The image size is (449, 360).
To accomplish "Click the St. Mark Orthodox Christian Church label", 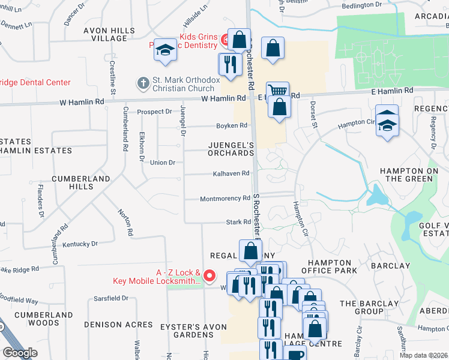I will [x=184, y=83].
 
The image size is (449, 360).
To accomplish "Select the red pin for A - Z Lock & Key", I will [x=209, y=276].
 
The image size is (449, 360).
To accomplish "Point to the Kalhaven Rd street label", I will [x=231, y=174].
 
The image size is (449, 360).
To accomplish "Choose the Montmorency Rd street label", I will [x=224, y=199].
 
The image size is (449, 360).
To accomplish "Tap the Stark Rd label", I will [x=238, y=222].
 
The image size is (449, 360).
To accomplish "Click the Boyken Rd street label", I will [x=232, y=125].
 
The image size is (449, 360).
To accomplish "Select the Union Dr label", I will [x=162, y=163].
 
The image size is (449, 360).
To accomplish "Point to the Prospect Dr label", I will [x=154, y=112].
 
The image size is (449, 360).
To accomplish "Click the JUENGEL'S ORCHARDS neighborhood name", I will [x=231, y=149].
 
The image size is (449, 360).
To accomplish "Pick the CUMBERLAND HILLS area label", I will [x=80, y=182].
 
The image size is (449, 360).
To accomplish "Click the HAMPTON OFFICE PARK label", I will [x=332, y=267].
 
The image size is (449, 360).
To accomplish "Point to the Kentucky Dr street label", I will [x=80, y=244].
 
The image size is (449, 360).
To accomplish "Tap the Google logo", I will [x=20, y=353].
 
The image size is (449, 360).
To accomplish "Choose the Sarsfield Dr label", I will [x=111, y=298].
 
